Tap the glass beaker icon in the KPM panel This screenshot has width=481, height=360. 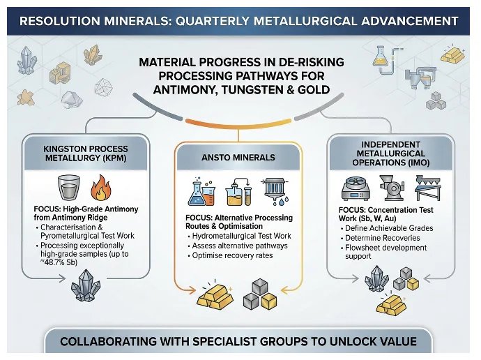(68, 188)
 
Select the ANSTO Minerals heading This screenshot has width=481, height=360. (239, 157)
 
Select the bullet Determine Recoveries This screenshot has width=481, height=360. (383, 239)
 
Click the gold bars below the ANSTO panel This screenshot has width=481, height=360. (215, 297)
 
